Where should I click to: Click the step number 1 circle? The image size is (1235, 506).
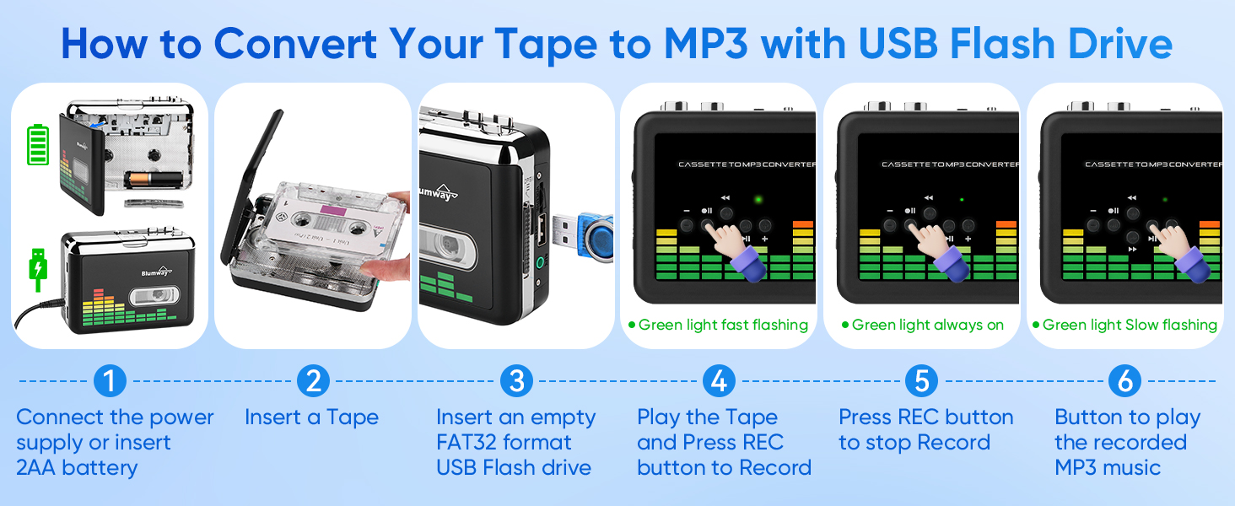click(x=110, y=381)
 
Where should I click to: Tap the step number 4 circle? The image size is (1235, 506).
click(x=718, y=381)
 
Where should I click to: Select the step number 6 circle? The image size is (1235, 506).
click(x=1124, y=381)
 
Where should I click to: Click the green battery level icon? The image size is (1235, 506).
click(x=38, y=145)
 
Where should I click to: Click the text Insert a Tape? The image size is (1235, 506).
click(x=311, y=417)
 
